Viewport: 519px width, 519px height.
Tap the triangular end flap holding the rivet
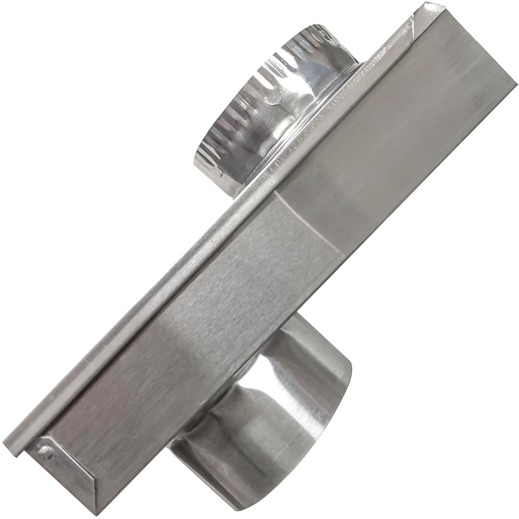coord(62,464)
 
